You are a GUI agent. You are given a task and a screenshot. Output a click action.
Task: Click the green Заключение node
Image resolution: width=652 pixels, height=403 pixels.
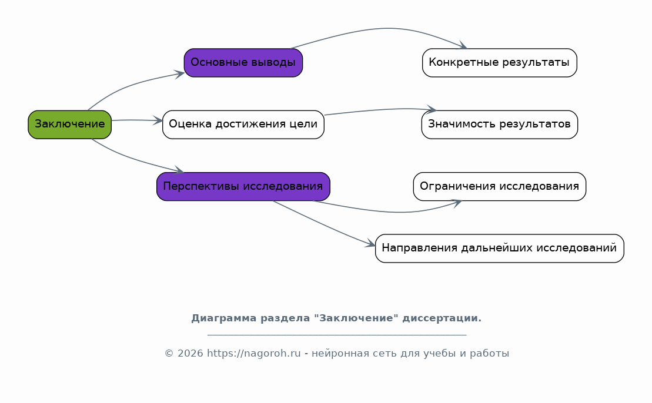tap(70, 125)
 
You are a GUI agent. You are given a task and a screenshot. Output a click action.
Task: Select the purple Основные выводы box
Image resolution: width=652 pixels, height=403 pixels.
tap(243, 63)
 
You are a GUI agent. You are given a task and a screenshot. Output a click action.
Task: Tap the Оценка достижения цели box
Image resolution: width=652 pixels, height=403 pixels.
tap(243, 125)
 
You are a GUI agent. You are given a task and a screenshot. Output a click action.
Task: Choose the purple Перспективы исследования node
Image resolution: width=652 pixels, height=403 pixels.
tap(243, 187)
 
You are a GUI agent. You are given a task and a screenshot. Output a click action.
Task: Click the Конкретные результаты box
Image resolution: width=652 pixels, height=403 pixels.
tap(499, 63)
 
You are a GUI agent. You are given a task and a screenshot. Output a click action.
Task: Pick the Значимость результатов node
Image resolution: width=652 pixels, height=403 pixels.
tap(499, 125)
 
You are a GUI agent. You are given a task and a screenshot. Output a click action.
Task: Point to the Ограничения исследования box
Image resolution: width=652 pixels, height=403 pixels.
tap(499, 187)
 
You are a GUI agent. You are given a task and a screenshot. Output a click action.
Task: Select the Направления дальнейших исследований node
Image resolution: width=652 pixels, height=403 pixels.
tap(499, 248)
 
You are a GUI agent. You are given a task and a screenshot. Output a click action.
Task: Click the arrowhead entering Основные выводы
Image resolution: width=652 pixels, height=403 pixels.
tap(180, 75)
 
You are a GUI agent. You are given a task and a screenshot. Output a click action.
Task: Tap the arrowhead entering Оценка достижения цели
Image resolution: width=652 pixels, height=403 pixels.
tap(158, 121)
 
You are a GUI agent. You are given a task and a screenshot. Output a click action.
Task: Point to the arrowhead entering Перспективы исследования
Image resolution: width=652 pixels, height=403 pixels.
tap(179, 170)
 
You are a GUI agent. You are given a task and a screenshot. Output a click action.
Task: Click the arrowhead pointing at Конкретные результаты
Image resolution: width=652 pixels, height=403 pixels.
tap(462, 45)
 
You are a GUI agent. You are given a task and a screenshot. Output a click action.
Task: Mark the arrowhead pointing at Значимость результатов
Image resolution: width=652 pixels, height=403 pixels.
tap(432, 109)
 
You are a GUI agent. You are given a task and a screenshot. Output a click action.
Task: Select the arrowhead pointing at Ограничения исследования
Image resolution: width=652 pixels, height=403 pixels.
tap(457, 203)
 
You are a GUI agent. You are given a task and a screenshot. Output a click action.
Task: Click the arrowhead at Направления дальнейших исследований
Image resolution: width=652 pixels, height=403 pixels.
tap(370, 244)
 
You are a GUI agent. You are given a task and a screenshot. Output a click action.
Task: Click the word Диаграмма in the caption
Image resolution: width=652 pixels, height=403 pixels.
tap(224, 318)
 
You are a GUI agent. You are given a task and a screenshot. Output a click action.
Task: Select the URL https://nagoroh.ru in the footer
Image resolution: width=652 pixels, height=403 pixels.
tap(253, 354)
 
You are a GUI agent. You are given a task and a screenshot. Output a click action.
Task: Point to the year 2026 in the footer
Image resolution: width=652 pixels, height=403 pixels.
tap(190, 354)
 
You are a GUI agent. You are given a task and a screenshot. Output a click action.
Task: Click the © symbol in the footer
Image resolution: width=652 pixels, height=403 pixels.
tap(169, 354)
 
